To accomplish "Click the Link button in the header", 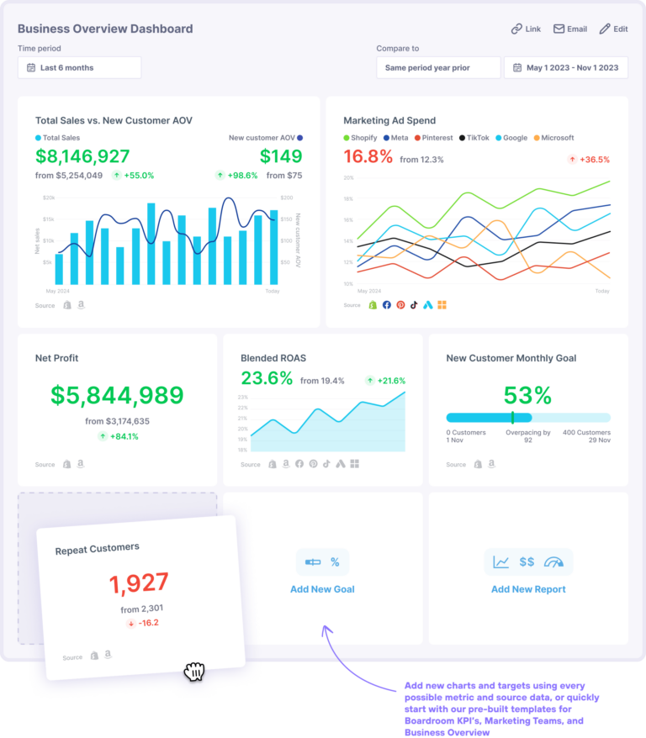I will (526, 29).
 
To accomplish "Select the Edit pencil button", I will (613, 29).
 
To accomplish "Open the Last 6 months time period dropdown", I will (79, 67).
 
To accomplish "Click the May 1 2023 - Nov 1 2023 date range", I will (565, 67).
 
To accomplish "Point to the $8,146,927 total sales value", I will (82, 156).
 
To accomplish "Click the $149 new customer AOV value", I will (280, 156).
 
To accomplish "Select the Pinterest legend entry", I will (432, 138).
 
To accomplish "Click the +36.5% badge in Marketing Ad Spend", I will (589, 159).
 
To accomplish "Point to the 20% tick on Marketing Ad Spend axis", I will (348, 178).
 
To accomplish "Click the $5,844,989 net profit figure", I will (117, 395).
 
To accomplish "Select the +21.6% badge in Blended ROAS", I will (386, 381).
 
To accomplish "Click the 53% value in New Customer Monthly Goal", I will (527, 395).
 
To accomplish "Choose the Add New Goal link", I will (322, 589).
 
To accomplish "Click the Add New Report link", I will (528, 589).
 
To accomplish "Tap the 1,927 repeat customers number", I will (139, 582).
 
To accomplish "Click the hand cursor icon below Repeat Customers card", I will (194, 671).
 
